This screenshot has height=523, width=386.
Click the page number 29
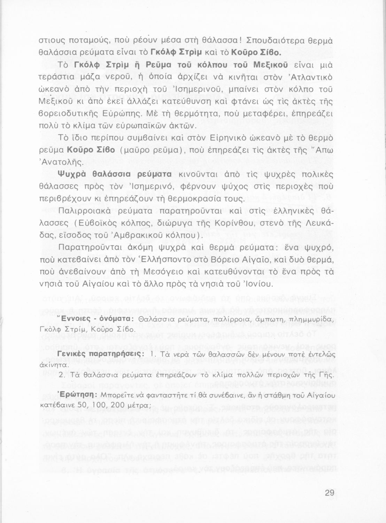tap(329, 493)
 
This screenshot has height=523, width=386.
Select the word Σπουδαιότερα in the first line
tap(274, 40)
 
